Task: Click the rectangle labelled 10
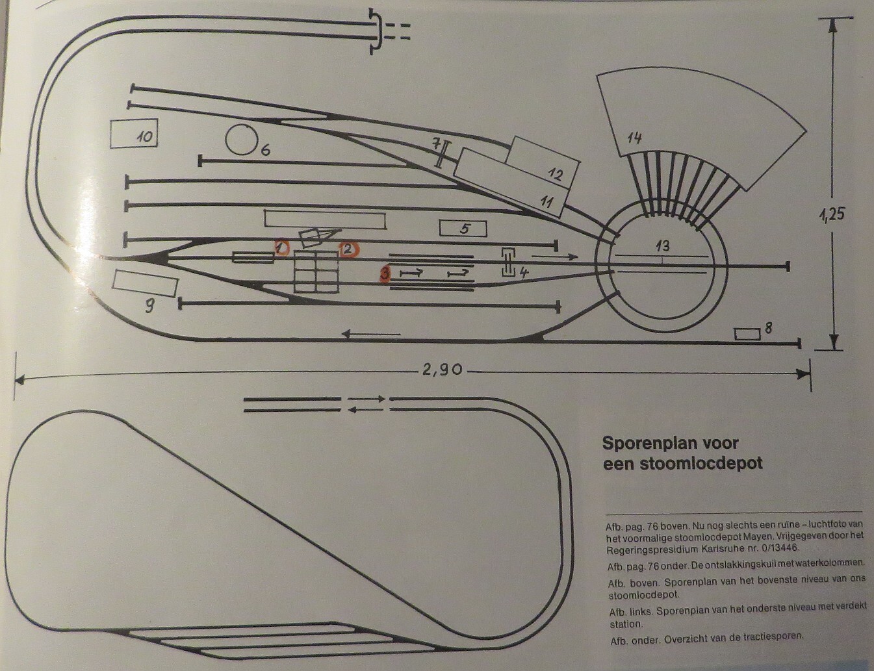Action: [x=134, y=135]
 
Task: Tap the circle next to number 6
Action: [x=240, y=140]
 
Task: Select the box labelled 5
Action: [x=463, y=229]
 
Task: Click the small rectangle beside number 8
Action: [x=747, y=334]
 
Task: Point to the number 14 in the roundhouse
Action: [x=634, y=138]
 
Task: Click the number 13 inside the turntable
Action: [x=662, y=246]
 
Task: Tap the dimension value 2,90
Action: [x=442, y=370]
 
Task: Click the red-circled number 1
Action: [x=281, y=248]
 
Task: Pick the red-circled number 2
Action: [x=348, y=249]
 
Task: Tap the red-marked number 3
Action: [x=385, y=275]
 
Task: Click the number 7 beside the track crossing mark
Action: [x=437, y=144]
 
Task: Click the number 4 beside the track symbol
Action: [x=524, y=273]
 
